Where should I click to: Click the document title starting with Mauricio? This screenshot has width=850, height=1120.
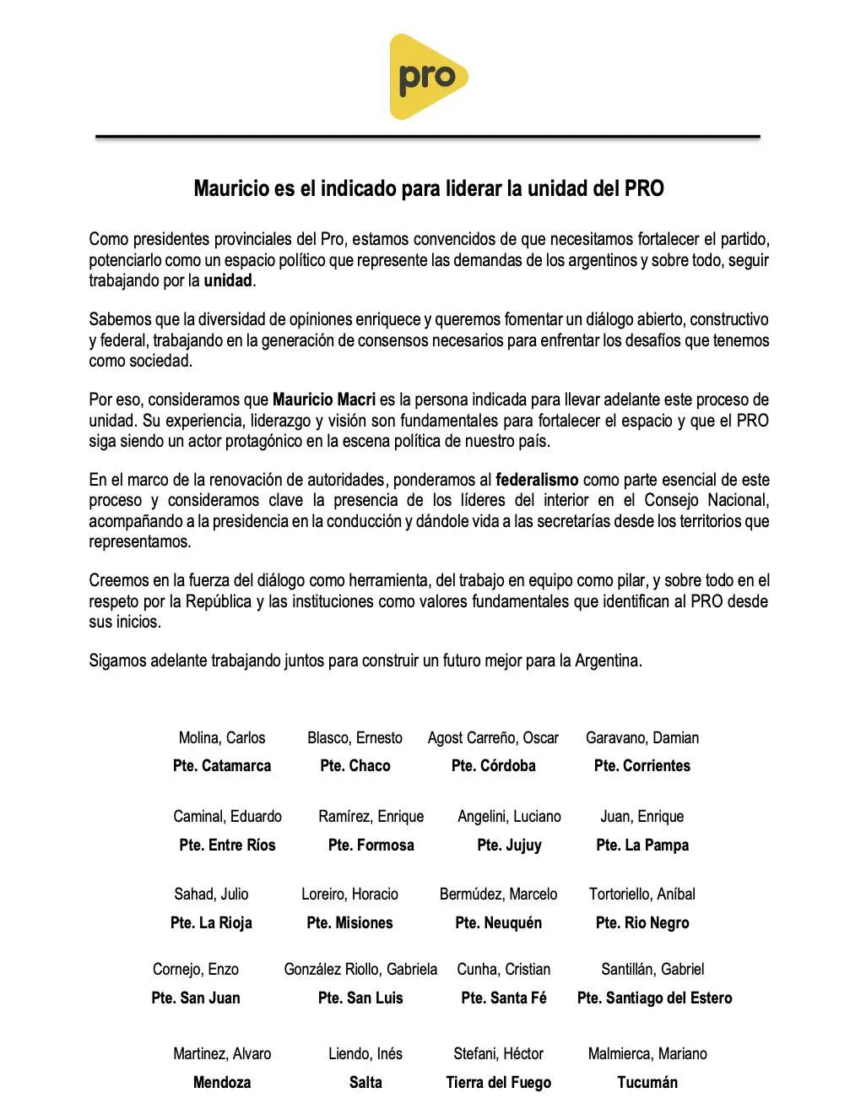click(429, 188)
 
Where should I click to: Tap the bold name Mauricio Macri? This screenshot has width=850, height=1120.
click(324, 400)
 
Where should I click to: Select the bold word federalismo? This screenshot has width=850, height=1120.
click(537, 480)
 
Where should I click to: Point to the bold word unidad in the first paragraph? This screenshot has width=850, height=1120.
click(228, 280)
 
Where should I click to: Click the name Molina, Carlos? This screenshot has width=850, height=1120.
click(222, 737)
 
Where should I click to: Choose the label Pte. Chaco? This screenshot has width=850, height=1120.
click(355, 766)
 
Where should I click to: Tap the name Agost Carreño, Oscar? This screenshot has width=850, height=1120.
click(493, 737)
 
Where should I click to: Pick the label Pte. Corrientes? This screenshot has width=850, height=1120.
click(642, 766)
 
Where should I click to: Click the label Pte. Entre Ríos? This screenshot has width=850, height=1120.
click(227, 845)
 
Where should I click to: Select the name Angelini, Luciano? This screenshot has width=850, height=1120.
click(509, 816)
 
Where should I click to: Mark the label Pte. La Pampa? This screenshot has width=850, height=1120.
click(642, 845)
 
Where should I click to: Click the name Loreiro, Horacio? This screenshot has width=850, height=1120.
click(349, 894)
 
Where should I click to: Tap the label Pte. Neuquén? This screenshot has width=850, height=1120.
click(498, 922)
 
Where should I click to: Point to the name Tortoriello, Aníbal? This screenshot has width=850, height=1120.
click(642, 894)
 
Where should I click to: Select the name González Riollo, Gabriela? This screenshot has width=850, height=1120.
click(360, 969)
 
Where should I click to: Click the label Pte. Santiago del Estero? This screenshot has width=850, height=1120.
click(654, 998)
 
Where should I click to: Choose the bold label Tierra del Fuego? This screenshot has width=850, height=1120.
click(498, 1082)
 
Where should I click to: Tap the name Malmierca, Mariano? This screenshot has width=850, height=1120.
click(647, 1053)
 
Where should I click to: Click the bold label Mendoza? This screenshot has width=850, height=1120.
click(222, 1082)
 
